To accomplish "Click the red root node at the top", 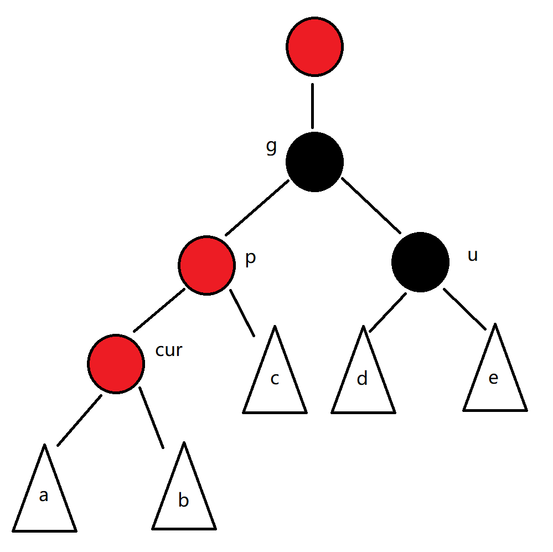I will coord(315,47).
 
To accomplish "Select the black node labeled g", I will coord(315,162).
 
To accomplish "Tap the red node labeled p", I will coord(206,265).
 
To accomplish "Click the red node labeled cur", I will coord(116,363).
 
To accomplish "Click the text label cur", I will coord(169,350).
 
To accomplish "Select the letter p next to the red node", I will coord(250,259).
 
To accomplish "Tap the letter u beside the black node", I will coord(472,256).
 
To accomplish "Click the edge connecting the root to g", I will coord(313,106).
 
